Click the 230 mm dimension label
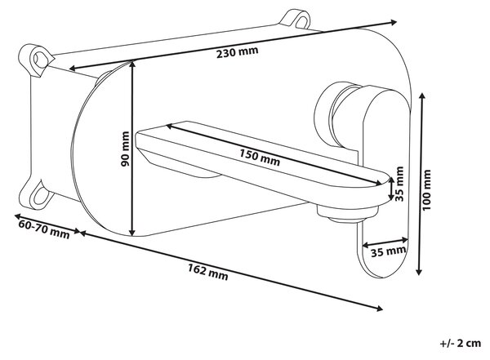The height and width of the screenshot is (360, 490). click(238, 52)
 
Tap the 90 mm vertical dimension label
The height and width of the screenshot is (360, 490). click(125, 149)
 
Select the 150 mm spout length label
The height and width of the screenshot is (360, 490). click(260, 158)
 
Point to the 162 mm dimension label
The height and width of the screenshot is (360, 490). click(207, 272)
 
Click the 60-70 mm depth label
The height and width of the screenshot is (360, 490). click(44, 229)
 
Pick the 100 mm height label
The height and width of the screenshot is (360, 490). click(426, 190)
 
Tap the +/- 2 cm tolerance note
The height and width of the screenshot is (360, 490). click(461, 343)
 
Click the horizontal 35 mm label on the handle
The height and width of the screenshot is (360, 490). click(389, 251)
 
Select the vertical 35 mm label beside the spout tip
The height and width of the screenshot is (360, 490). click(399, 184)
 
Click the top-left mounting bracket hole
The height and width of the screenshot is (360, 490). click(40, 59)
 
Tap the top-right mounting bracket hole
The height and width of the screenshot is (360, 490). click(301, 22)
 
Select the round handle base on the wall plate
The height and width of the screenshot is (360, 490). click(325, 114)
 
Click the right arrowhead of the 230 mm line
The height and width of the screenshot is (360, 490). click(393, 22)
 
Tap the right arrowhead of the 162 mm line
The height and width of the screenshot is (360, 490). click(379, 308)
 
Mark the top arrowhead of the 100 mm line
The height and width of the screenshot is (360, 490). click(422, 96)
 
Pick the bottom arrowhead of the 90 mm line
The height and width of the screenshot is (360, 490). click(131, 232)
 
